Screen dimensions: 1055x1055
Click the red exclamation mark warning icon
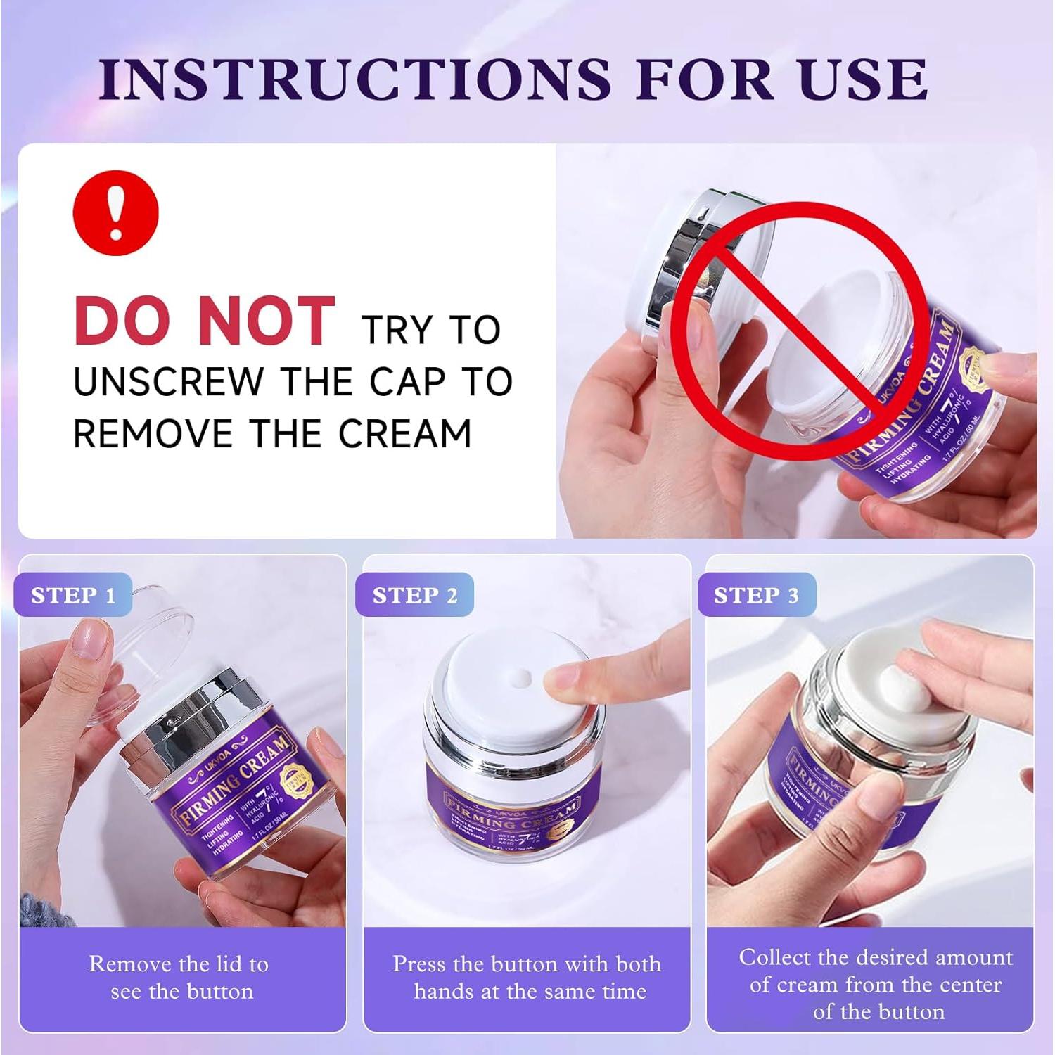(x=116, y=212)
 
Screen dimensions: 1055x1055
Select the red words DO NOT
(x=204, y=321)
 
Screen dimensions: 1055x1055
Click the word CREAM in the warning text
(x=405, y=433)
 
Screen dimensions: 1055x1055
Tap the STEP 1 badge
(x=72, y=595)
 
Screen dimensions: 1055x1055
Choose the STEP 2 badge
(x=414, y=595)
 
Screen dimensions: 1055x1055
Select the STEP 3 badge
(x=756, y=595)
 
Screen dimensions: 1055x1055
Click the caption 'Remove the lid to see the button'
(x=179, y=978)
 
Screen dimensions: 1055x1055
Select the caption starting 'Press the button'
(x=527, y=978)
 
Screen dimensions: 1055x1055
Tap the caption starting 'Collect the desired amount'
(x=876, y=984)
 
